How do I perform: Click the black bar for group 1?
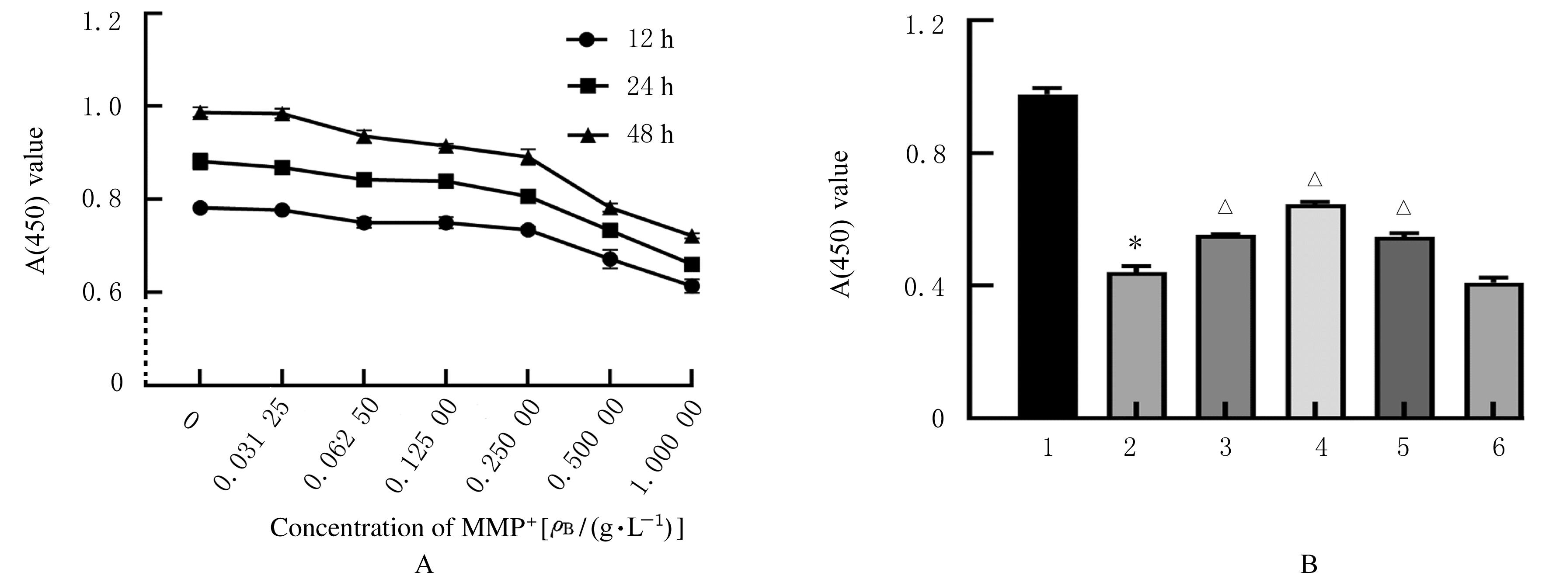pos(1048,256)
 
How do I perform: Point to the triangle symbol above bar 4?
pos(1315,180)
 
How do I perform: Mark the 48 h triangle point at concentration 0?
pos(200,113)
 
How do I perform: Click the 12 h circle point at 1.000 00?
pos(692,286)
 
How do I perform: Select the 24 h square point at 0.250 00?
pos(528,197)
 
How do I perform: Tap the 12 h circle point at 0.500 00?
pos(610,259)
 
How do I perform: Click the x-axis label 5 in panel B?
pos(1403,448)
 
